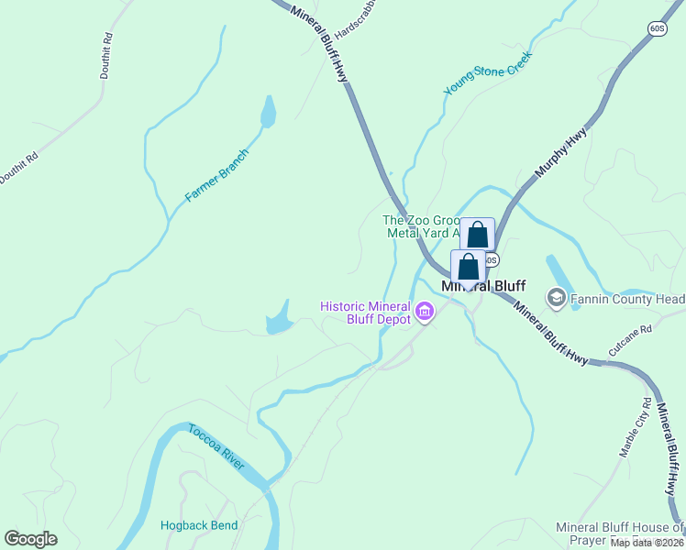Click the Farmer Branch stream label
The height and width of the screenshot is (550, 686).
click(x=217, y=175)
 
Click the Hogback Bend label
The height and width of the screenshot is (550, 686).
click(x=199, y=525)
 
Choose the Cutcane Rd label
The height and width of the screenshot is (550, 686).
click(x=629, y=340)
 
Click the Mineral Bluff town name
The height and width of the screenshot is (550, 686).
click(x=483, y=286)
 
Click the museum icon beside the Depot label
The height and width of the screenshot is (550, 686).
click(x=424, y=313)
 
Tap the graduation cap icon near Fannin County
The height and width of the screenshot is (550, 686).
click(x=556, y=298)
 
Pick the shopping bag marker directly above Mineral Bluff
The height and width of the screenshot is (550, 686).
click(x=469, y=268)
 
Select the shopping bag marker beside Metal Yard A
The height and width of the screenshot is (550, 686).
click(x=477, y=235)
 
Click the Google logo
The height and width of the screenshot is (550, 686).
click(x=31, y=539)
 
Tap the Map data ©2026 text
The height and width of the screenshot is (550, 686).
click(x=647, y=543)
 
